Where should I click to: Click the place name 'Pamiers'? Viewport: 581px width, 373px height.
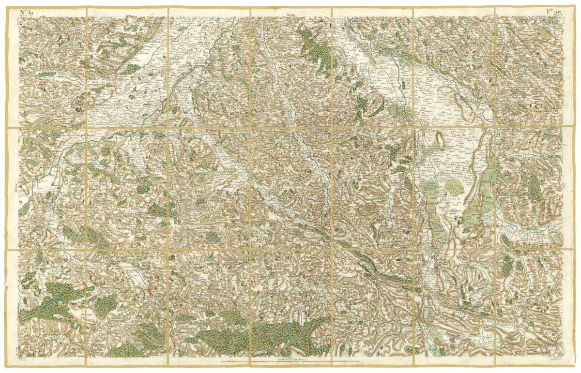[x=432, y=204]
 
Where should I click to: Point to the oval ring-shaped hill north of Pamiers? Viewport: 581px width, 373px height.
[x=441, y=141]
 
